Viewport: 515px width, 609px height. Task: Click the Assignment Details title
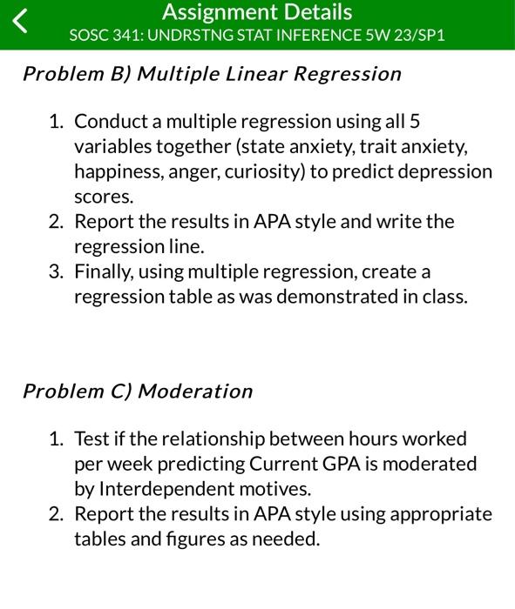[257, 12]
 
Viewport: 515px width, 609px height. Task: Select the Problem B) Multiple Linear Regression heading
[212, 74]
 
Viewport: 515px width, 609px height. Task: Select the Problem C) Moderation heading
[138, 391]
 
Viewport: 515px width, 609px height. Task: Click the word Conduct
[110, 121]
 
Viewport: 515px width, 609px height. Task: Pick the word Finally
[105, 272]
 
